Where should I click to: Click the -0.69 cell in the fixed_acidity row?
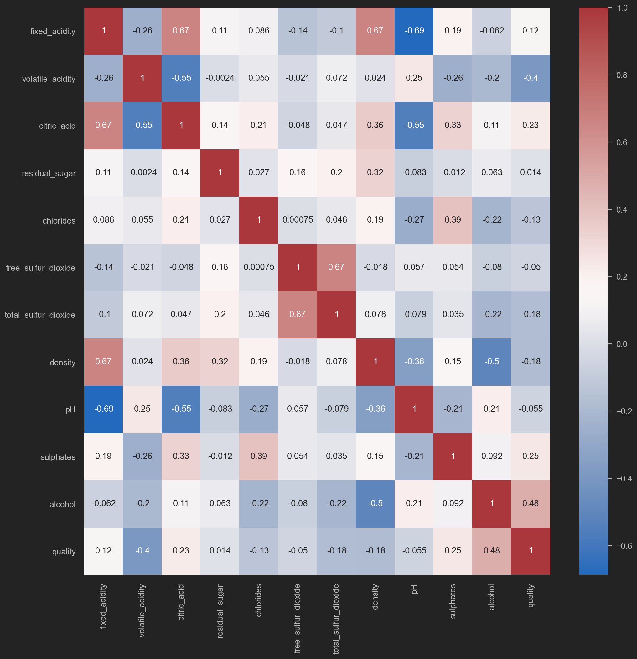coord(414,31)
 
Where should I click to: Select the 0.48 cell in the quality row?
coord(492,551)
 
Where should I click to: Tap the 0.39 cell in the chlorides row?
coord(453,220)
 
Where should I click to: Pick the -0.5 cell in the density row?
coord(492,362)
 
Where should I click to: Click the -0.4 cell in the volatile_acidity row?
coord(531,78)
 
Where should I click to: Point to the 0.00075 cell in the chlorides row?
coord(298,220)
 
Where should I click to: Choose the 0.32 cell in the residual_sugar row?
coord(375,173)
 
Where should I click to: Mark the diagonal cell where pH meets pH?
coord(414,409)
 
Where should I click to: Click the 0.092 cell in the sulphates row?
coord(492,456)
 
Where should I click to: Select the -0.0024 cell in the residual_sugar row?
coord(142,173)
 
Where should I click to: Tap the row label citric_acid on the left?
coord(57,126)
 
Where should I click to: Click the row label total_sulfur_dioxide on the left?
coord(40,315)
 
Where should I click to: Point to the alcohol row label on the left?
coord(62,504)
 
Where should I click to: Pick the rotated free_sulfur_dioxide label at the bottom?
coord(297,619)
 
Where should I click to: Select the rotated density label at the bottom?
coord(375,597)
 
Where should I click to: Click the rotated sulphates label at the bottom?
coord(453,601)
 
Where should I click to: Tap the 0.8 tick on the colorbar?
coord(622,75)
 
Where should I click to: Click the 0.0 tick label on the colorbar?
coord(622,344)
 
